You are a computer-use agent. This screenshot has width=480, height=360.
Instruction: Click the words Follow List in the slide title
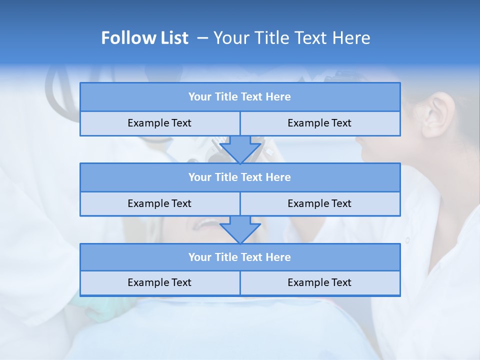click(x=144, y=38)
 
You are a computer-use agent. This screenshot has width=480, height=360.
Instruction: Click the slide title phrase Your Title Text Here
click(x=291, y=38)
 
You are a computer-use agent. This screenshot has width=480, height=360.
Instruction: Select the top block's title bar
click(x=240, y=97)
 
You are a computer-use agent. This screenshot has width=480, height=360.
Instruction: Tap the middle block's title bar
click(x=240, y=177)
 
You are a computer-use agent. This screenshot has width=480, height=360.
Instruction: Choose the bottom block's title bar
click(x=240, y=257)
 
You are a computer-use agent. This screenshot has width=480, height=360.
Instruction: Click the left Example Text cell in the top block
click(x=159, y=123)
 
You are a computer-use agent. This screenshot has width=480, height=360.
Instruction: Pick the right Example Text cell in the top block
click(x=319, y=123)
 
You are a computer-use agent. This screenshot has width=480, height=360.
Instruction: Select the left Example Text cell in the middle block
click(x=159, y=203)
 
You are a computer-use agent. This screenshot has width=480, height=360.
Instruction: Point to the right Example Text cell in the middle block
click(x=319, y=203)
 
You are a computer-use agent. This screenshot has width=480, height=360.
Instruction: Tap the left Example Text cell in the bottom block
click(x=159, y=282)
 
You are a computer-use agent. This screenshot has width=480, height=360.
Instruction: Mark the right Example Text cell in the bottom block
click(x=319, y=282)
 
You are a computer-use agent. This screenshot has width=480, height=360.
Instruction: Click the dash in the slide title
click(x=202, y=38)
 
